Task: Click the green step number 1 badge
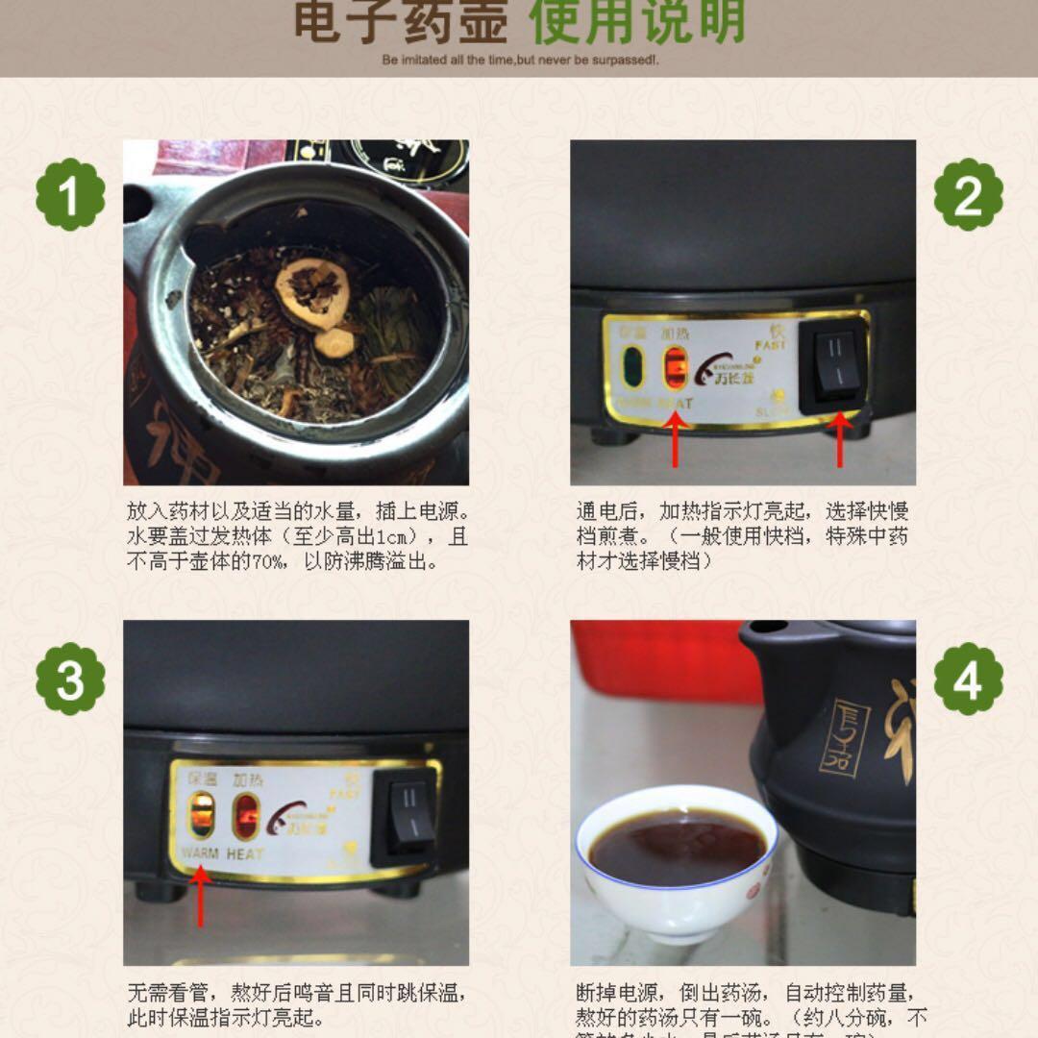[x=70, y=195]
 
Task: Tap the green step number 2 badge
[x=968, y=195]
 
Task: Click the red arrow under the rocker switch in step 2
[x=840, y=438]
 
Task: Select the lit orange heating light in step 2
[x=676, y=366]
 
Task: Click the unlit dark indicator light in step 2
[x=632, y=366]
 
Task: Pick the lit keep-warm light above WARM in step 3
[x=202, y=816]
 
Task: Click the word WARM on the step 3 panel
[x=199, y=853]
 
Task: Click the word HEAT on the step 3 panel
[x=245, y=853]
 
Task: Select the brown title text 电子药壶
[x=400, y=23]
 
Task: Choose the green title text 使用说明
[x=637, y=23]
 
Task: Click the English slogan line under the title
[x=519, y=60]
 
